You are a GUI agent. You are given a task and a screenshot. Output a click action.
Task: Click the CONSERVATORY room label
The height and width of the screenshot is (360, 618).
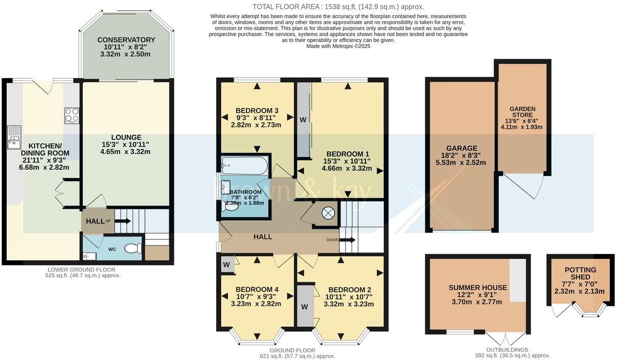point(126,40)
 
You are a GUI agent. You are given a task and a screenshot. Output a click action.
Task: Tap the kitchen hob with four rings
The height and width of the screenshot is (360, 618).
point(72,115)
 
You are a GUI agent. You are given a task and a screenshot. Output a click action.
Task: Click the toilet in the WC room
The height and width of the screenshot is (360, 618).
point(132,249)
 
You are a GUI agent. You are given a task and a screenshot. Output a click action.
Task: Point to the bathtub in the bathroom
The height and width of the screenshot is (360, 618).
point(244,166)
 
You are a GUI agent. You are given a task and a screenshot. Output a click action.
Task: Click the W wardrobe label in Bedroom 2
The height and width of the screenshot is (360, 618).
point(305,307)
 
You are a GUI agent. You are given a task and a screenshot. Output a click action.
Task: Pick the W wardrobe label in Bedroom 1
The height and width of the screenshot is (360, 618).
point(303,120)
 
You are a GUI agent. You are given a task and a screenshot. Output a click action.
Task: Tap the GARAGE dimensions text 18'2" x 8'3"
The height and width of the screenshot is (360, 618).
point(461,155)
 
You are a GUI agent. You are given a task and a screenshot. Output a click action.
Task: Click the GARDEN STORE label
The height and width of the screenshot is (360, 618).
point(522,112)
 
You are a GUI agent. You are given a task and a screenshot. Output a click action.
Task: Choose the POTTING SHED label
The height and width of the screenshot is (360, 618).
point(580,274)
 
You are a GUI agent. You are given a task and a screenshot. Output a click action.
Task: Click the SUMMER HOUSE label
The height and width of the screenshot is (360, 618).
point(478,288)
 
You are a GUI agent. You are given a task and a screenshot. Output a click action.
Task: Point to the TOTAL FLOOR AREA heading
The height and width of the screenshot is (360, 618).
point(338,7)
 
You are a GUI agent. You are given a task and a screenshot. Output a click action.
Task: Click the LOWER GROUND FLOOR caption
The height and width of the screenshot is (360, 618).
point(82,269)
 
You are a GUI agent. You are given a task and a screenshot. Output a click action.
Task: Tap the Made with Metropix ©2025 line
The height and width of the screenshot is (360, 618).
point(338,46)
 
